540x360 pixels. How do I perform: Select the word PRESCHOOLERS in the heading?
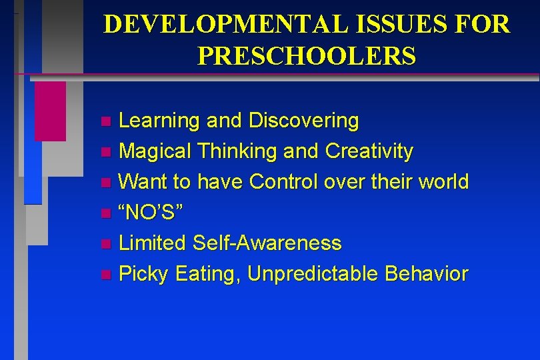(x=307, y=55)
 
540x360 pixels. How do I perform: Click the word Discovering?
(x=303, y=121)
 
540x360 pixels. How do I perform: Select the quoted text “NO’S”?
(x=151, y=213)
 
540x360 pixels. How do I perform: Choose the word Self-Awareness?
(x=267, y=243)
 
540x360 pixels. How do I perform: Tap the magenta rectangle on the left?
(x=50, y=111)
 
